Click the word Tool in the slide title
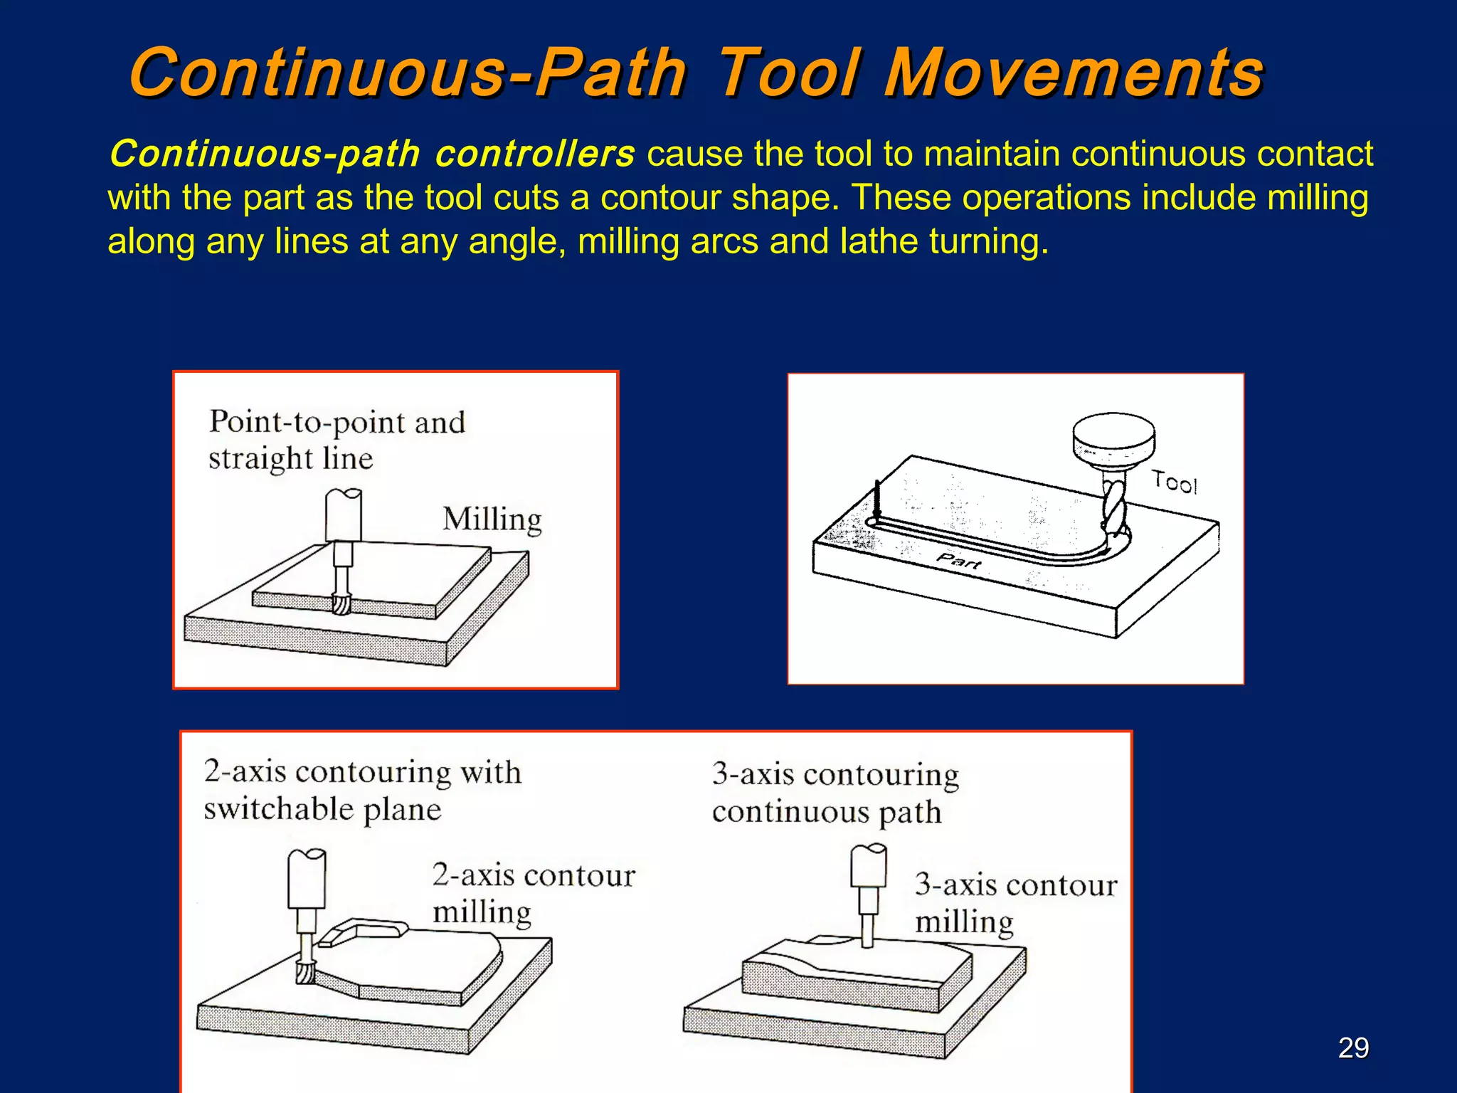pyautogui.click(x=790, y=73)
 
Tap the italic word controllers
pyautogui.click(x=534, y=154)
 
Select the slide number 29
pyautogui.click(x=1353, y=1048)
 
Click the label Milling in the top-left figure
pyautogui.click(x=492, y=519)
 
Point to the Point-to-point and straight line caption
pyautogui.click(x=336, y=440)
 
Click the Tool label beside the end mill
pyautogui.click(x=1175, y=482)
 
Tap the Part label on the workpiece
pyautogui.click(x=958, y=561)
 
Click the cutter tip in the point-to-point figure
pyautogui.click(x=341, y=603)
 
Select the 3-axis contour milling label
pyautogui.click(x=1015, y=902)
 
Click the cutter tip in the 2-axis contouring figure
pyautogui.click(x=306, y=971)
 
